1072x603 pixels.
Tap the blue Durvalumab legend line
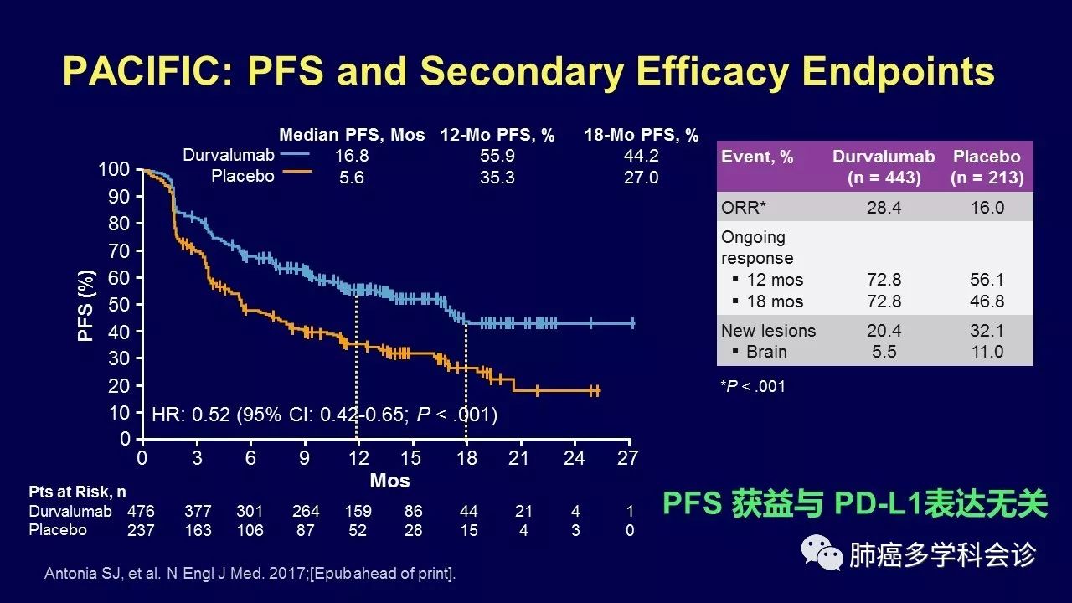[x=295, y=155]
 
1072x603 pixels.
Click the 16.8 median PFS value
[x=352, y=156]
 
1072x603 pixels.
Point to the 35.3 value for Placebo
[x=497, y=178]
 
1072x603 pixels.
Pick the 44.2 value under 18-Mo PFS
[x=642, y=156]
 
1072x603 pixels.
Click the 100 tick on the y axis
[x=114, y=170]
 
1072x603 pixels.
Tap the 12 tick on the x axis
[x=358, y=458]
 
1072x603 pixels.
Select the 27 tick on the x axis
[x=628, y=458]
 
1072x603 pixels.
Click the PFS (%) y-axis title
[x=86, y=305]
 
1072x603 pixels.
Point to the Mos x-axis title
[x=389, y=481]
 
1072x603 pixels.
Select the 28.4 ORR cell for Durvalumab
[x=884, y=208]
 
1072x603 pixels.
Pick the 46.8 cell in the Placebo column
[x=987, y=301]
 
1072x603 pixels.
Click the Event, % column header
[x=757, y=157]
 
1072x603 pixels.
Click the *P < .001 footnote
[x=753, y=386]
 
